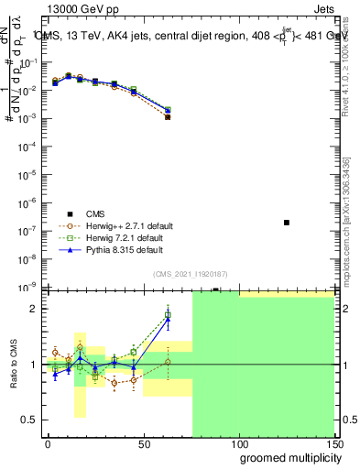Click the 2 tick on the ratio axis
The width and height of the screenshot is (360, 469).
click(x=33, y=309)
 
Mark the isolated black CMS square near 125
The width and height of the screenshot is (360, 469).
click(x=287, y=223)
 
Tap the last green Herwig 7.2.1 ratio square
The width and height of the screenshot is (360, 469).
click(x=168, y=316)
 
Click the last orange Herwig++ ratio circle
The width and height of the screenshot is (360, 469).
click(x=168, y=362)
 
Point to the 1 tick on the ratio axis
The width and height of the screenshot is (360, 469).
click(x=33, y=365)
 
